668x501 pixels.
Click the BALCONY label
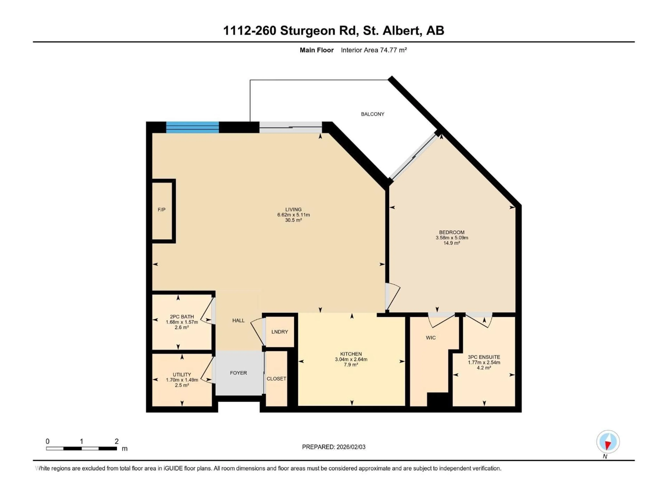(372, 114)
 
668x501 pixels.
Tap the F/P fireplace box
(162, 210)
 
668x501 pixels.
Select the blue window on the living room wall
(192, 127)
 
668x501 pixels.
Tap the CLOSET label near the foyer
(276, 379)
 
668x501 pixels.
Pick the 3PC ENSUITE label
(484, 357)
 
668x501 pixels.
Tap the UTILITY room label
(182, 375)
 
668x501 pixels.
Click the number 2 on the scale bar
(117, 441)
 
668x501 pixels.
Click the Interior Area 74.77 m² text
(373, 50)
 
